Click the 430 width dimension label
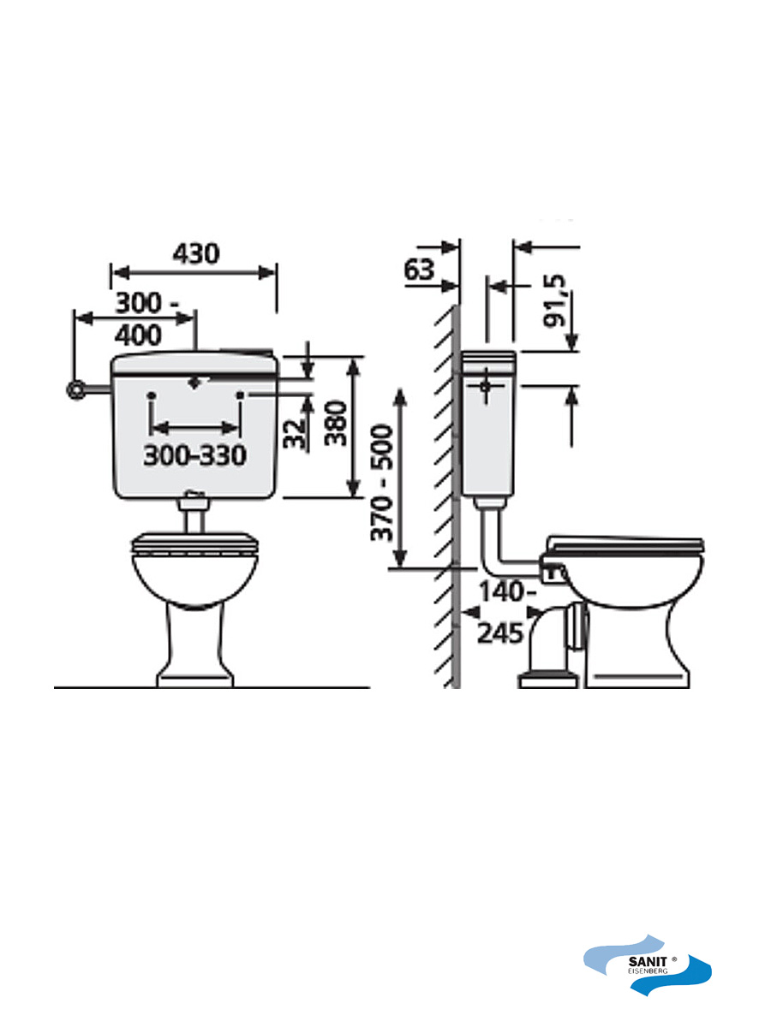click(x=196, y=254)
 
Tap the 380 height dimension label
click(x=336, y=424)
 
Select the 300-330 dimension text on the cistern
click(x=194, y=455)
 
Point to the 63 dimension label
click(x=419, y=270)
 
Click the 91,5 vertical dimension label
click(x=554, y=301)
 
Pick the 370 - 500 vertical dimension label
click(x=381, y=483)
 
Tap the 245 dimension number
click(x=499, y=634)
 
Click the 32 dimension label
click(x=295, y=434)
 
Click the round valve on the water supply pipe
click(x=75, y=389)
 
